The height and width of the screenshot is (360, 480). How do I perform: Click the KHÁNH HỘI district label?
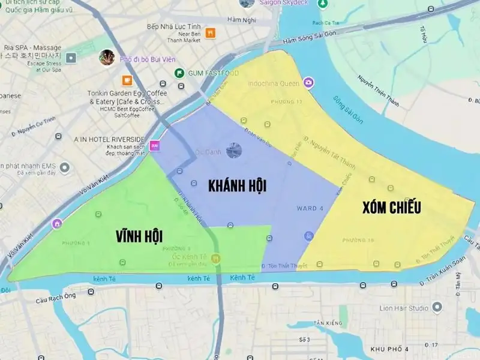(237, 185)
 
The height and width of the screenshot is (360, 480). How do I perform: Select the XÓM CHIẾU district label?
(392, 208)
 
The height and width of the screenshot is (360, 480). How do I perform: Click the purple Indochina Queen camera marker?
(308, 83)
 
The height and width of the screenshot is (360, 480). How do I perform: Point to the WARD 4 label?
(310, 208)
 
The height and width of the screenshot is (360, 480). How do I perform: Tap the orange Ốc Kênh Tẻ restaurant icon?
(216, 258)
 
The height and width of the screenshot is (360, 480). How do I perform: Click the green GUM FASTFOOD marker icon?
(179, 73)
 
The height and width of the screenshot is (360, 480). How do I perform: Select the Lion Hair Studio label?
(404, 308)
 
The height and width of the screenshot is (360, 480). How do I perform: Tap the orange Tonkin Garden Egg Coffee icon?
(127, 80)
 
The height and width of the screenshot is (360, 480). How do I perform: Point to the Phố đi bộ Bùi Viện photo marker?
(107, 58)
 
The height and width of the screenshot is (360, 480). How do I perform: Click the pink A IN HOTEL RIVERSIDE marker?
(155, 145)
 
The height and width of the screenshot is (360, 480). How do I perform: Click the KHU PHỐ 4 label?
(389, 349)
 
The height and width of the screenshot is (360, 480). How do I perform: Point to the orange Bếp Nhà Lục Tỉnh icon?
(210, 34)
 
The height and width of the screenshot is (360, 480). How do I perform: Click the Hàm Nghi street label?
(241, 20)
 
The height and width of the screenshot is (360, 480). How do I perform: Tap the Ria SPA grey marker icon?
(71, 58)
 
